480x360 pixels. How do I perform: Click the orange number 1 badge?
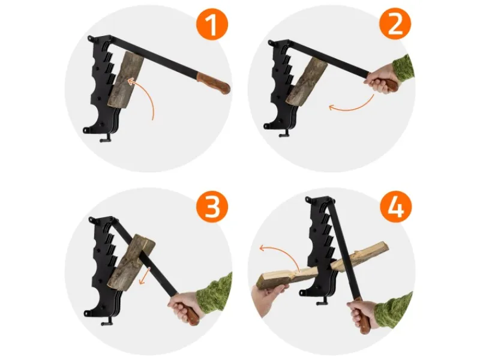[212, 23]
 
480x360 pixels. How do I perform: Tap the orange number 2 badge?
[395, 23]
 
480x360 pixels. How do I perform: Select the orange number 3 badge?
[212, 206]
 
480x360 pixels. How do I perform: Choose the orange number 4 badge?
[396, 206]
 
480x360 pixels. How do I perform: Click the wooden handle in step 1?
[214, 83]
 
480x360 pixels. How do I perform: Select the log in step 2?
[307, 83]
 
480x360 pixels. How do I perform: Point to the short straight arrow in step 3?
[145, 275]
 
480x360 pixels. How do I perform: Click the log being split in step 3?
[132, 260]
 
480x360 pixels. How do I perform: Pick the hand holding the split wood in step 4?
[267, 298]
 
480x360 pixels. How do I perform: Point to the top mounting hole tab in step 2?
[271, 43]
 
